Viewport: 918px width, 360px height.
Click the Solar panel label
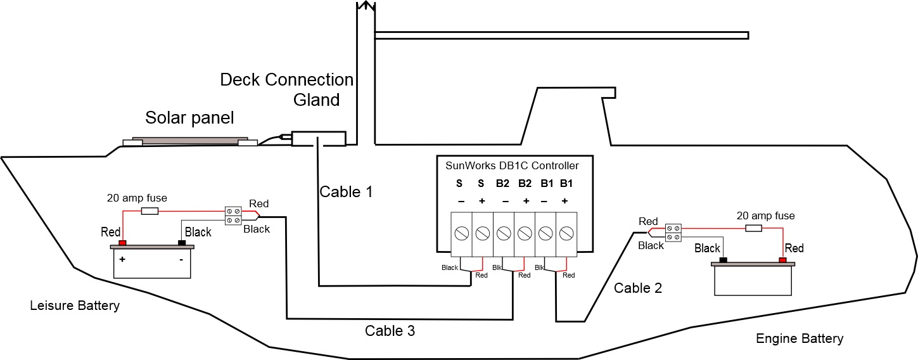[189, 118]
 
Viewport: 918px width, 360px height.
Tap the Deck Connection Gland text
[286, 89]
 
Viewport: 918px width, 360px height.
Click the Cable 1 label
[346, 192]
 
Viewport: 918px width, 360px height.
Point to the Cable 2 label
[638, 288]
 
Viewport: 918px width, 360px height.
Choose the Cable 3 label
[390, 331]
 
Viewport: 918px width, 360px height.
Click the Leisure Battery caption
[75, 306]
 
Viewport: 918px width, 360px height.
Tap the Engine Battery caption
[800, 338]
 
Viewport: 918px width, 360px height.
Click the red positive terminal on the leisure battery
[122, 243]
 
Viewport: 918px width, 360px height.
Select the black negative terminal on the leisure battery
[182, 243]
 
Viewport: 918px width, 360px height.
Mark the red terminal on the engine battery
[783, 260]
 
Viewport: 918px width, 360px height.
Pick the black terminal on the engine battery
[724, 260]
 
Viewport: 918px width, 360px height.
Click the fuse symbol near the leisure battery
[150, 211]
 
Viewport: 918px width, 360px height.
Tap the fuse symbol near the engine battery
[753, 228]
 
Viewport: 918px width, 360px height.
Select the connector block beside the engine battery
[672, 232]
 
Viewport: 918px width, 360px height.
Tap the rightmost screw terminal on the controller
[566, 233]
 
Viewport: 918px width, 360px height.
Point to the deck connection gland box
[319, 139]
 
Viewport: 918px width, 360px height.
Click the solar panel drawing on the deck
[189, 141]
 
